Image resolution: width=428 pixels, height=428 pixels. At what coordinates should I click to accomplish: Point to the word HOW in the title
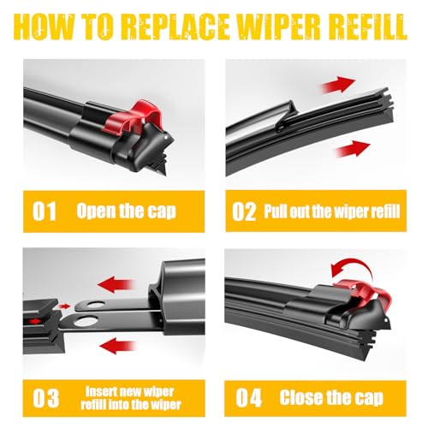[x=49, y=27]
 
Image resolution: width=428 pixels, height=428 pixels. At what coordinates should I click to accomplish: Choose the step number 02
[x=245, y=211]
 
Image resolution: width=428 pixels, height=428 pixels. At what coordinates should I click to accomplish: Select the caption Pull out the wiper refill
[x=330, y=211]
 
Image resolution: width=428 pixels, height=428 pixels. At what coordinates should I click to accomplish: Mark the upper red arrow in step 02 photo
[x=338, y=84]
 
